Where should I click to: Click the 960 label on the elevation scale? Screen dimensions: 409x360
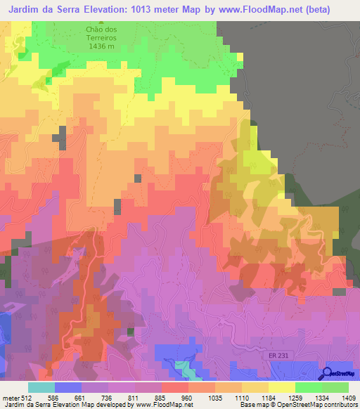188,397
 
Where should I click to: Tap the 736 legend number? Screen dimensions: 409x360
109,397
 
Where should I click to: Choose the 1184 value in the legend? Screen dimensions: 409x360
269,397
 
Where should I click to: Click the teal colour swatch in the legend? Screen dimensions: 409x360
41,387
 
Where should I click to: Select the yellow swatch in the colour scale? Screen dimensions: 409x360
281,387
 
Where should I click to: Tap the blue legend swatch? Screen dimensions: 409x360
68,387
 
